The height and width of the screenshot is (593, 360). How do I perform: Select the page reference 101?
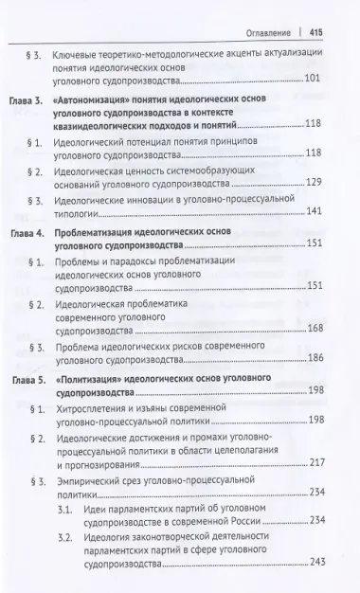[x=320, y=77]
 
